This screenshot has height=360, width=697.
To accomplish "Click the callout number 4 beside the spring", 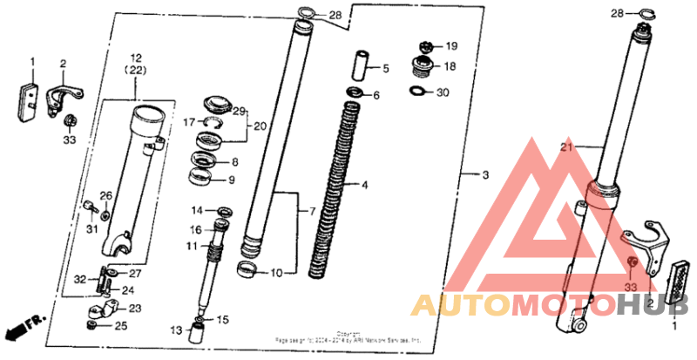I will (366, 186).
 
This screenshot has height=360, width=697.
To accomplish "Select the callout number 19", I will (451, 45).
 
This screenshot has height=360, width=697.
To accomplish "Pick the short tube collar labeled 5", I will (357, 66).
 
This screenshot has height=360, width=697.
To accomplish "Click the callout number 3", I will (486, 176).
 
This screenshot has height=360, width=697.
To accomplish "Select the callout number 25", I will (121, 326).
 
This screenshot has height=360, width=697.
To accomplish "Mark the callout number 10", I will (276, 273).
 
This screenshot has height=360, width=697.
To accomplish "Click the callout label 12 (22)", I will (136, 63).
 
